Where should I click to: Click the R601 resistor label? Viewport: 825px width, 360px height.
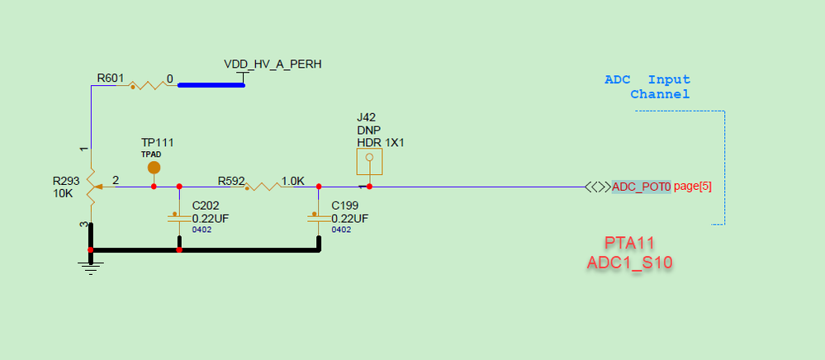(x=111, y=78)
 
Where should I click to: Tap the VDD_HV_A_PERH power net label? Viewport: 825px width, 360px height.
(x=273, y=64)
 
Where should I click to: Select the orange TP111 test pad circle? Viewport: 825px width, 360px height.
(x=154, y=168)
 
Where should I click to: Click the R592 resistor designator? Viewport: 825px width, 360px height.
(x=231, y=182)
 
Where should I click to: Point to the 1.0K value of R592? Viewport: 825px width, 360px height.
(x=293, y=182)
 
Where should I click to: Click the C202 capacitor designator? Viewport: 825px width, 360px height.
(x=206, y=206)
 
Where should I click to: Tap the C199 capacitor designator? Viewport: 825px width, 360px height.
(x=345, y=206)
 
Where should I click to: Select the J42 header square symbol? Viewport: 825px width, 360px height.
(x=369, y=162)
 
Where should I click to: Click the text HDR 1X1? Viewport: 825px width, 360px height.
(x=381, y=143)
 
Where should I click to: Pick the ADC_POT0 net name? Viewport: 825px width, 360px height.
(x=642, y=187)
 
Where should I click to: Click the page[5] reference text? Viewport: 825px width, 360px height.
(x=693, y=187)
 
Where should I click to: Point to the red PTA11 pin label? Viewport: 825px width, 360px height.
(x=630, y=243)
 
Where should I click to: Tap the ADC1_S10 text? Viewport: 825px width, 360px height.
(x=630, y=262)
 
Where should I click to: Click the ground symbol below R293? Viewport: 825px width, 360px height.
(x=91, y=268)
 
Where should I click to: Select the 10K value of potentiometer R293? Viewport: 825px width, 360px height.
(x=64, y=193)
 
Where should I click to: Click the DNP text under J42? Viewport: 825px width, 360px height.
(x=369, y=130)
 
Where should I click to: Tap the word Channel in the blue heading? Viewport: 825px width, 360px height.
(x=660, y=95)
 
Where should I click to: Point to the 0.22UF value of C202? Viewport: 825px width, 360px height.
(x=211, y=219)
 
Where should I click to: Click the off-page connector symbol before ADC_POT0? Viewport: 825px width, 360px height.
(x=598, y=187)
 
